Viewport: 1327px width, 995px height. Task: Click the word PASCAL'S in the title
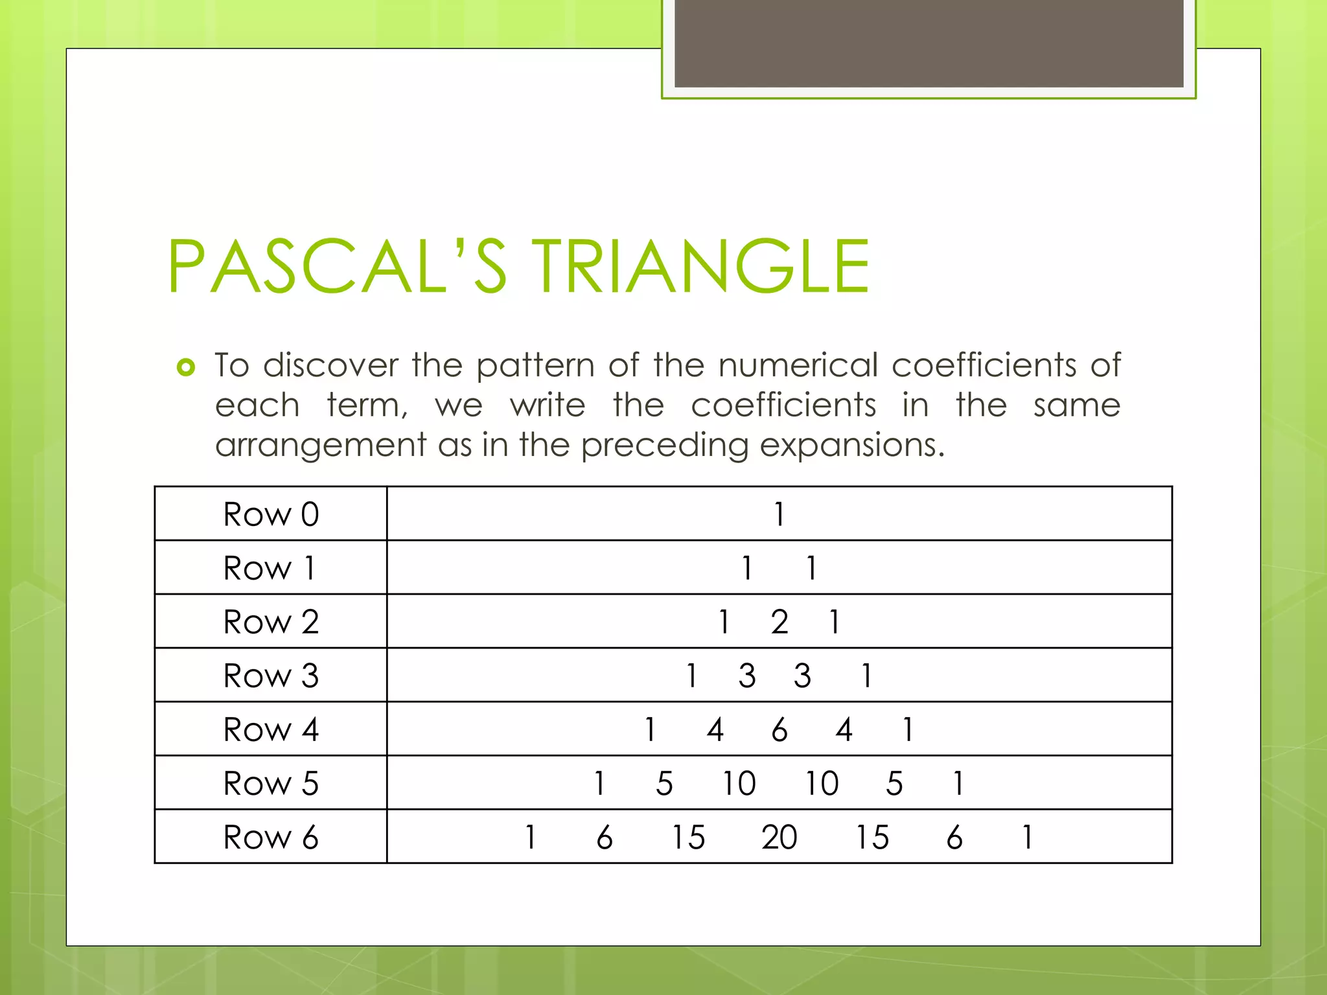[337, 267]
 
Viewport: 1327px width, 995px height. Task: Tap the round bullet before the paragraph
[186, 367]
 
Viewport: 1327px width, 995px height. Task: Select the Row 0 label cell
[271, 514]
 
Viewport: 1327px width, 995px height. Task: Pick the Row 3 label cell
[271, 676]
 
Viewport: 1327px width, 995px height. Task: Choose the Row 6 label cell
[271, 837]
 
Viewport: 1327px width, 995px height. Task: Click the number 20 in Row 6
[779, 837]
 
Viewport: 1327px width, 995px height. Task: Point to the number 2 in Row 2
[779, 622]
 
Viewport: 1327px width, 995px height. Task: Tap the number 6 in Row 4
[779, 729]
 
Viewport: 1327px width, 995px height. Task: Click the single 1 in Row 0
[779, 514]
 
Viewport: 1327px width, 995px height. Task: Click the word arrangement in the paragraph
[321, 446]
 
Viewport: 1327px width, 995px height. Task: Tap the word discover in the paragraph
[330, 365]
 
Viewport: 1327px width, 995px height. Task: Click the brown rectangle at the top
[929, 43]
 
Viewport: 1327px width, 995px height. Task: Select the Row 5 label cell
[271, 783]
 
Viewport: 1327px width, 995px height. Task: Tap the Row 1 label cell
[271, 568]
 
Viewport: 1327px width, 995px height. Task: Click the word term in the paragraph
[366, 406]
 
